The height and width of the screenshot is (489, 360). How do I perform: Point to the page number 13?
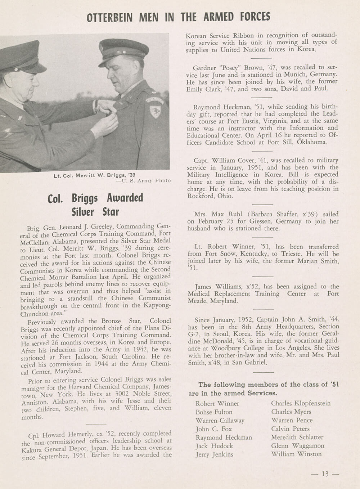325,474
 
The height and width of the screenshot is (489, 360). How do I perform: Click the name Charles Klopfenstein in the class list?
301,403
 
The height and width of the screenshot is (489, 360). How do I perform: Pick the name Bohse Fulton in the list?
214,412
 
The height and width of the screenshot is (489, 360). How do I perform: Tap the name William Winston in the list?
296,454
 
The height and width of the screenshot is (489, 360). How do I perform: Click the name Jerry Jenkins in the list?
214,454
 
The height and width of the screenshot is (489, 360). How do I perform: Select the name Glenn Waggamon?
297,445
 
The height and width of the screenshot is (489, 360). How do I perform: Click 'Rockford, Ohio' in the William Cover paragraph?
210,196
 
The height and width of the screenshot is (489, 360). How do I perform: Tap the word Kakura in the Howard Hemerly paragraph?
31,450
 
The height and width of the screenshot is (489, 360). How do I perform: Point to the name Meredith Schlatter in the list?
297,437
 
